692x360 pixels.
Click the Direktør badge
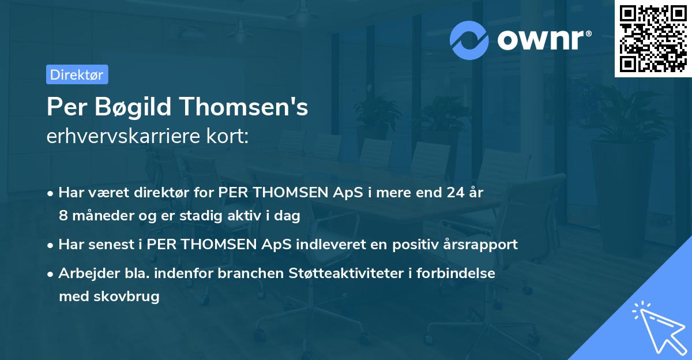(77, 74)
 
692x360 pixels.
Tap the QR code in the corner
(653, 39)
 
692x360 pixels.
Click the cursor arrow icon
(657, 326)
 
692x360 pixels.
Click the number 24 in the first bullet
(449, 193)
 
